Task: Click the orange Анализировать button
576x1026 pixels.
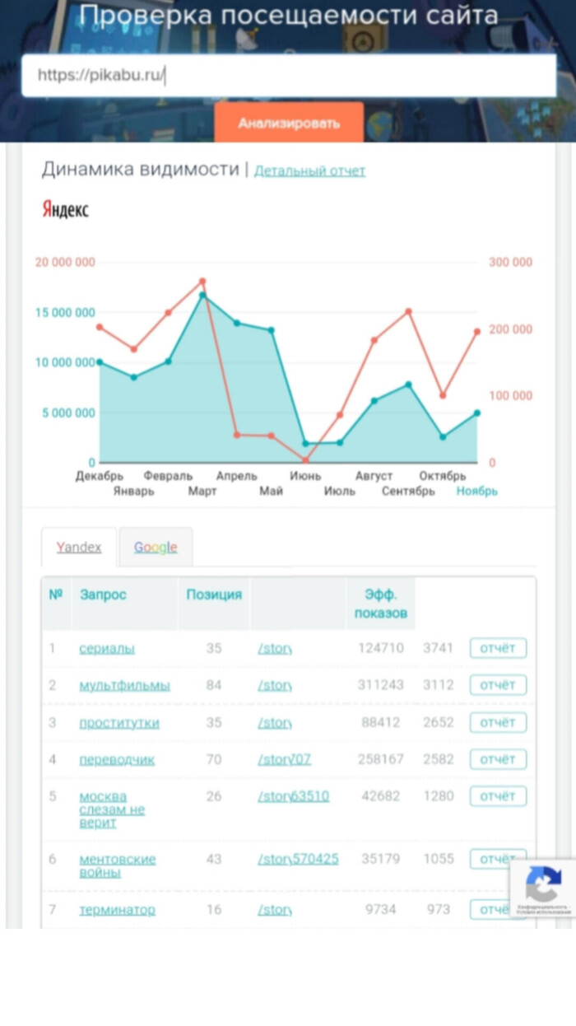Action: tap(289, 124)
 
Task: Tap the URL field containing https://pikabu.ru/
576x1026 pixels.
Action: tap(288, 76)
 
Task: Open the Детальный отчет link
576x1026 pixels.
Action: tap(309, 171)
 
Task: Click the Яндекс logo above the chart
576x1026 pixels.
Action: tap(65, 210)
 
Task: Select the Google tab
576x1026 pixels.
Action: tap(156, 548)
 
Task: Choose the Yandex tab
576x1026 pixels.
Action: tap(79, 548)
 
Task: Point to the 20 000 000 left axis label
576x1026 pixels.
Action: tap(65, 263)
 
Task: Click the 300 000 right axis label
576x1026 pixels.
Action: tap(510, 263)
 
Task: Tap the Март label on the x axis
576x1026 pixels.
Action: tap(202, 492)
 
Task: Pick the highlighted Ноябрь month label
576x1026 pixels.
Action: tap(477, 492)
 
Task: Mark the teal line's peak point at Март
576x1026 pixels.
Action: tap(202, 295)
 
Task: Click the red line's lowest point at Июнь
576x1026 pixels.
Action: tap(305, 460)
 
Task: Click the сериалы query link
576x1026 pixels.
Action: tap(107, 649)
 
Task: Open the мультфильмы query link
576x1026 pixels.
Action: tap(124, 686)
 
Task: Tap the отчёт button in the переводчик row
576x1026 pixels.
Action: tap(498, 759)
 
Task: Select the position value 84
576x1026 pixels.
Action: tap(214, 686)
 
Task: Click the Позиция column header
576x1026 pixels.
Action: tap(214, 595)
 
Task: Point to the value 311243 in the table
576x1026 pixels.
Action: tap(381, 686)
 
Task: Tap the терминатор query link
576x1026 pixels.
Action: tap(117, 910)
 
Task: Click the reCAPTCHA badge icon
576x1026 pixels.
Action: tap(543, 885)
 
